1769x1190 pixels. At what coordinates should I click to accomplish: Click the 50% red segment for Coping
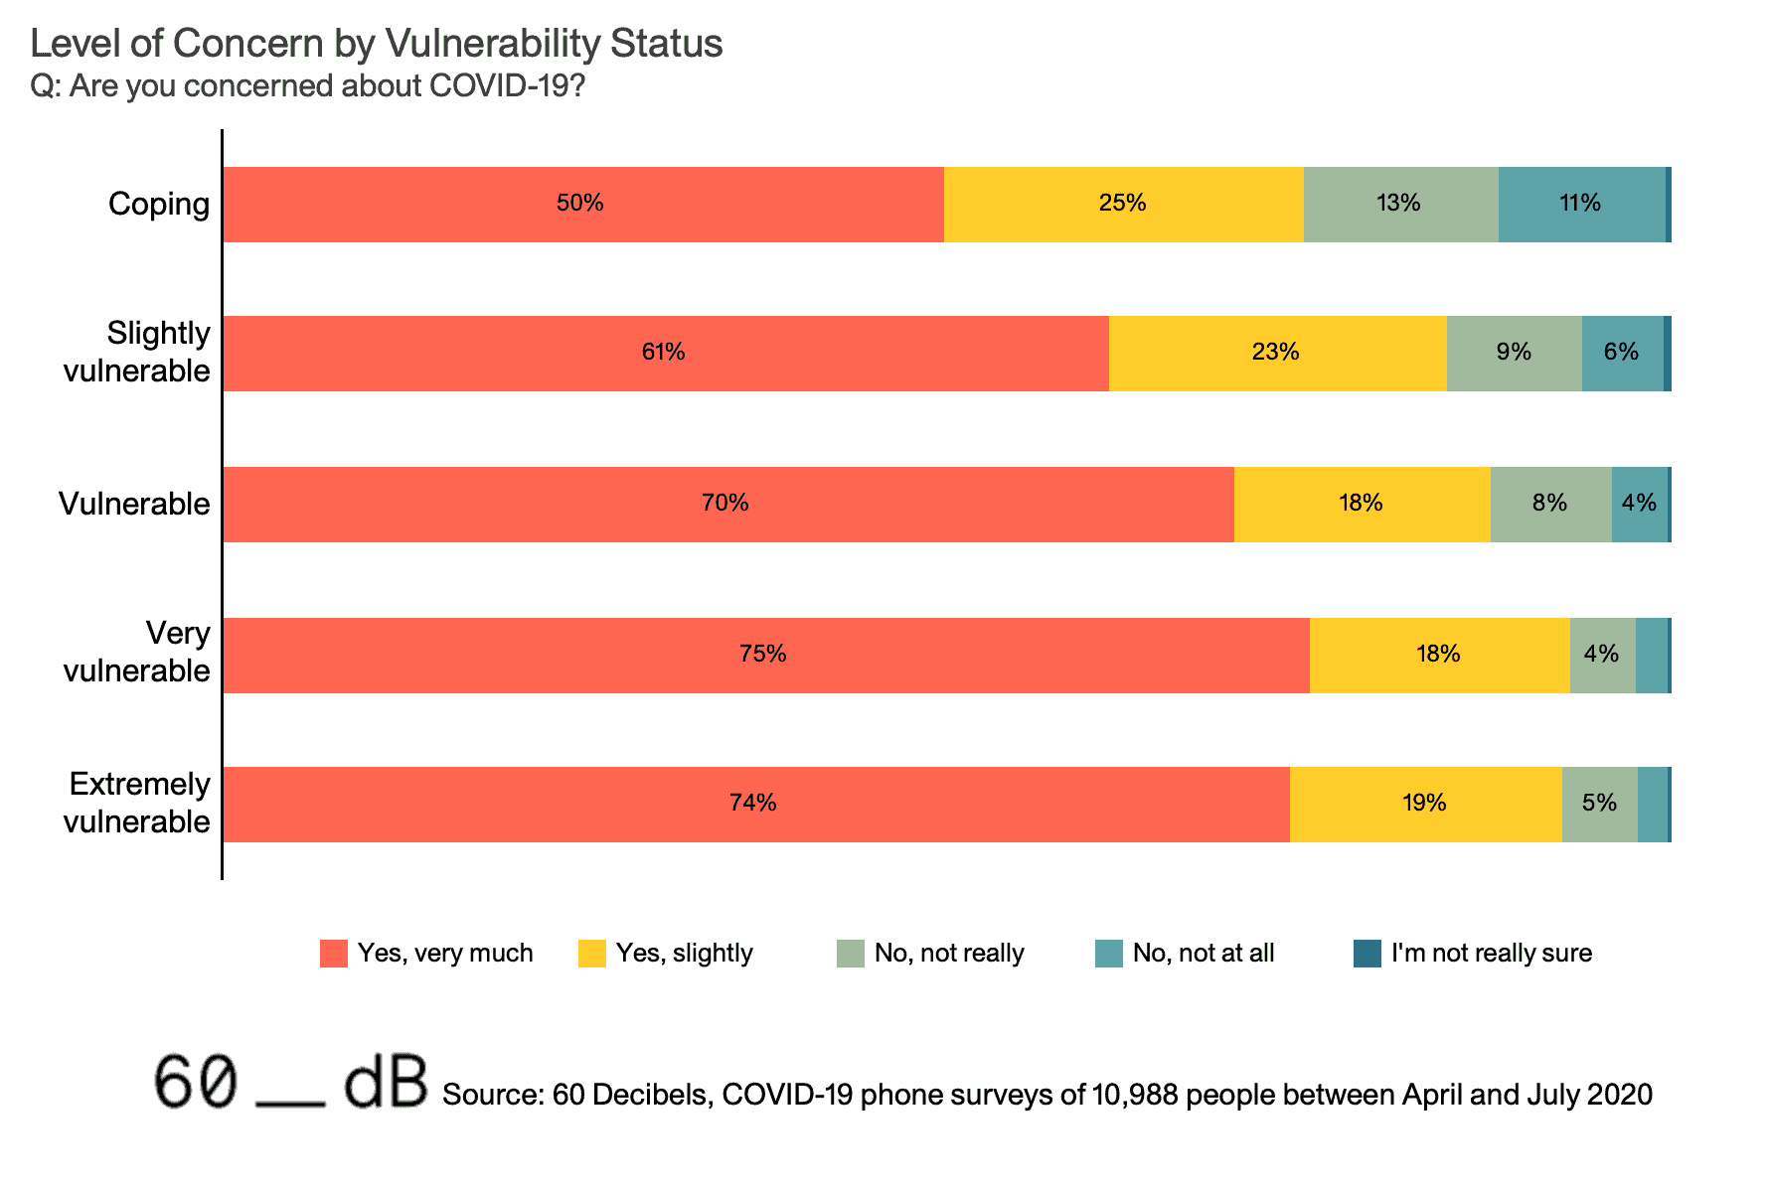click(582, 204)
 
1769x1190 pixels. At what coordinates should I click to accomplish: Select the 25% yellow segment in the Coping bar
click(1123, 204)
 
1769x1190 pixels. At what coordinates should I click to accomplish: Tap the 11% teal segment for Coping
click(1581, 204)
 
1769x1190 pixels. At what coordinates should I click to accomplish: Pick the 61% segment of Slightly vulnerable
click(665, 353)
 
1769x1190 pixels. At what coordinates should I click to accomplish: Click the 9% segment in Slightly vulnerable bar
click(1514, 353)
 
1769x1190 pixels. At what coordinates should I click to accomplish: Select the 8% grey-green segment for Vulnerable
click(1550, 504)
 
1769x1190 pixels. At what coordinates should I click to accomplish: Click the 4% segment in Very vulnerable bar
click(1602, 655)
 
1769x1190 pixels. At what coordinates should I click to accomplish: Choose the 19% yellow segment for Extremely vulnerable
click(1425, 804)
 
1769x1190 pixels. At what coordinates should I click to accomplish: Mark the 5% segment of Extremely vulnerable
click(1599, 804)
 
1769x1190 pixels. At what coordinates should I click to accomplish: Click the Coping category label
click(159, 204)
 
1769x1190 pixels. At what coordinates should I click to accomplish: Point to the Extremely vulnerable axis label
click(137, 803)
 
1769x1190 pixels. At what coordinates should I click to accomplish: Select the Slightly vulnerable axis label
click(137, 352)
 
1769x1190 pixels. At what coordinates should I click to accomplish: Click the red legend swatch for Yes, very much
click(334, 954)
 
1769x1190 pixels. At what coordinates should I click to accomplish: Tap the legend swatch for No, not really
click(851, 954)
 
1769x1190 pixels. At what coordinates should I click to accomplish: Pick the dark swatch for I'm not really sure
click(1367, 954)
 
